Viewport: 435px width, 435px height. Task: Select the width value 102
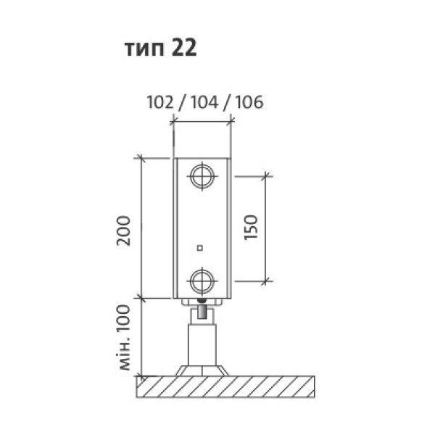pos(160,102)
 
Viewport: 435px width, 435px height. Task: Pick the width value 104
pos(204,102)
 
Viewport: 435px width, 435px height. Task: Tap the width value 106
pos(249,102)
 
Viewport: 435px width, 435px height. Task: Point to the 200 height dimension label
pos(124,231)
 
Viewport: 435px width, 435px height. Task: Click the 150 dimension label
pos(252,227)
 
